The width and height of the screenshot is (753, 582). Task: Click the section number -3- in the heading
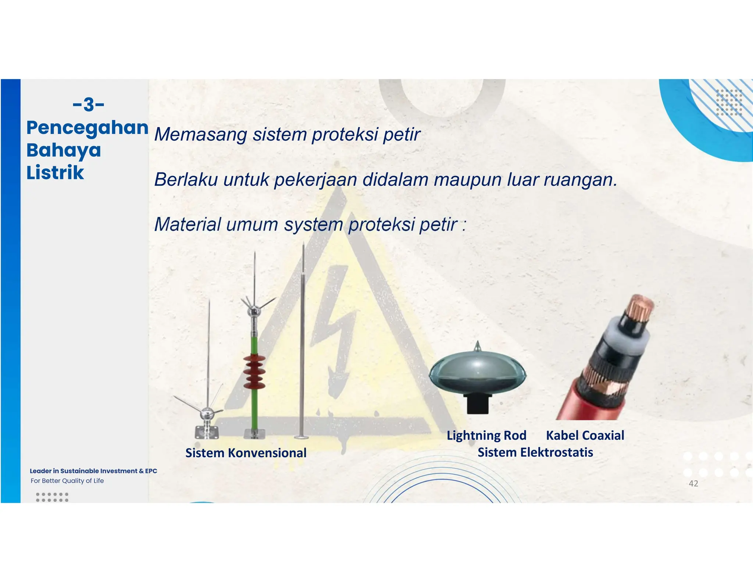click(89, 104)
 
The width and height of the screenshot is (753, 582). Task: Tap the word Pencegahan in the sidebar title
click(88, 128)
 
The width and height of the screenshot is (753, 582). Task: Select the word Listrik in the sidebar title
click(55, 173)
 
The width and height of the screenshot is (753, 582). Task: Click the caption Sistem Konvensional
click(246, 453)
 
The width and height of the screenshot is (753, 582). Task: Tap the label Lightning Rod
click(486, 435)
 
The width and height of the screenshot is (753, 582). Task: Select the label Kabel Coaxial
click(585, 435)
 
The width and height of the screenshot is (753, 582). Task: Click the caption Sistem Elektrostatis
click(535, 452)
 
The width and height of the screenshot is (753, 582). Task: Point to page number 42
click(693, 483)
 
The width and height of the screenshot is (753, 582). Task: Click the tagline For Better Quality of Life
click(67, 481)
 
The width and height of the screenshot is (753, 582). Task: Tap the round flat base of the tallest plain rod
click(301, 437)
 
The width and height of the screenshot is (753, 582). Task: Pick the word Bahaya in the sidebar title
click(64, 150)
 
